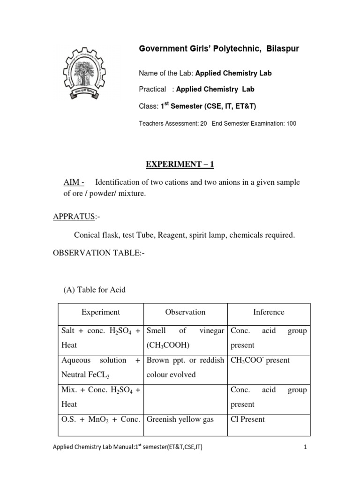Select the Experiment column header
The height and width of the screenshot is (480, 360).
click(100, 312)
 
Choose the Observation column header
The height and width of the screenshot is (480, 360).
click(185, 312)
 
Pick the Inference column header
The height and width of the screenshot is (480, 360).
click(269, 312)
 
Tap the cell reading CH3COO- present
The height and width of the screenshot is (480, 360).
click(260, 360)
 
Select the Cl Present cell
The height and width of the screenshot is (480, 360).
click(248, 420)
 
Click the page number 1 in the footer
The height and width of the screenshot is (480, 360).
click(305, 461)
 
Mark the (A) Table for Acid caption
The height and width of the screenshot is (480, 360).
click(94, 290)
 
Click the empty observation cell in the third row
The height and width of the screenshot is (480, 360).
click(185, 397)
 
